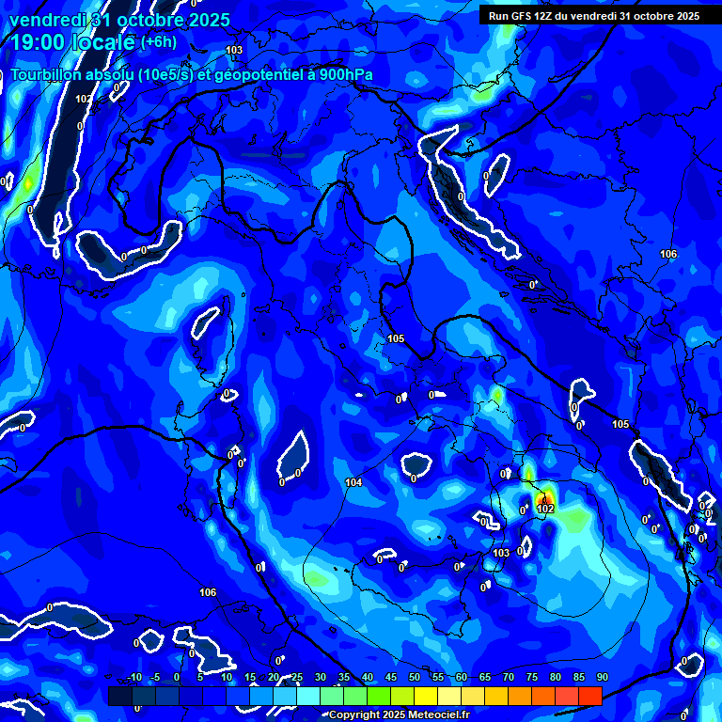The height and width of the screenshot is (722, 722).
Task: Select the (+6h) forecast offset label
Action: [158, 42]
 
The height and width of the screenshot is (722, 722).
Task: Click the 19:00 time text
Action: [39, 42]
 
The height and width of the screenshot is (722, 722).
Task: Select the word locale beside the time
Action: [102, 42]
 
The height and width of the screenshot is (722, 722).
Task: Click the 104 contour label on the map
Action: [353, 482]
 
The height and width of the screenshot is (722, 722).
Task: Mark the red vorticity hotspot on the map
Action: [542, 495]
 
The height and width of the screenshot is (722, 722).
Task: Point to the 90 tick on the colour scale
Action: [603, 678]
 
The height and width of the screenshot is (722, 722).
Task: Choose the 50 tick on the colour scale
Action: [415, 678]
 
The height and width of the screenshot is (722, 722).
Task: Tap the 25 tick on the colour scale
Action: [297, 678]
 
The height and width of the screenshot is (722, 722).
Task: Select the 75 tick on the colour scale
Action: [532, 678]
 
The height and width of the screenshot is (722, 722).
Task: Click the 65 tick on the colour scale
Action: [485, 678]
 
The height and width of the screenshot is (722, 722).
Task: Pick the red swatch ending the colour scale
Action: [590, 696]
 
